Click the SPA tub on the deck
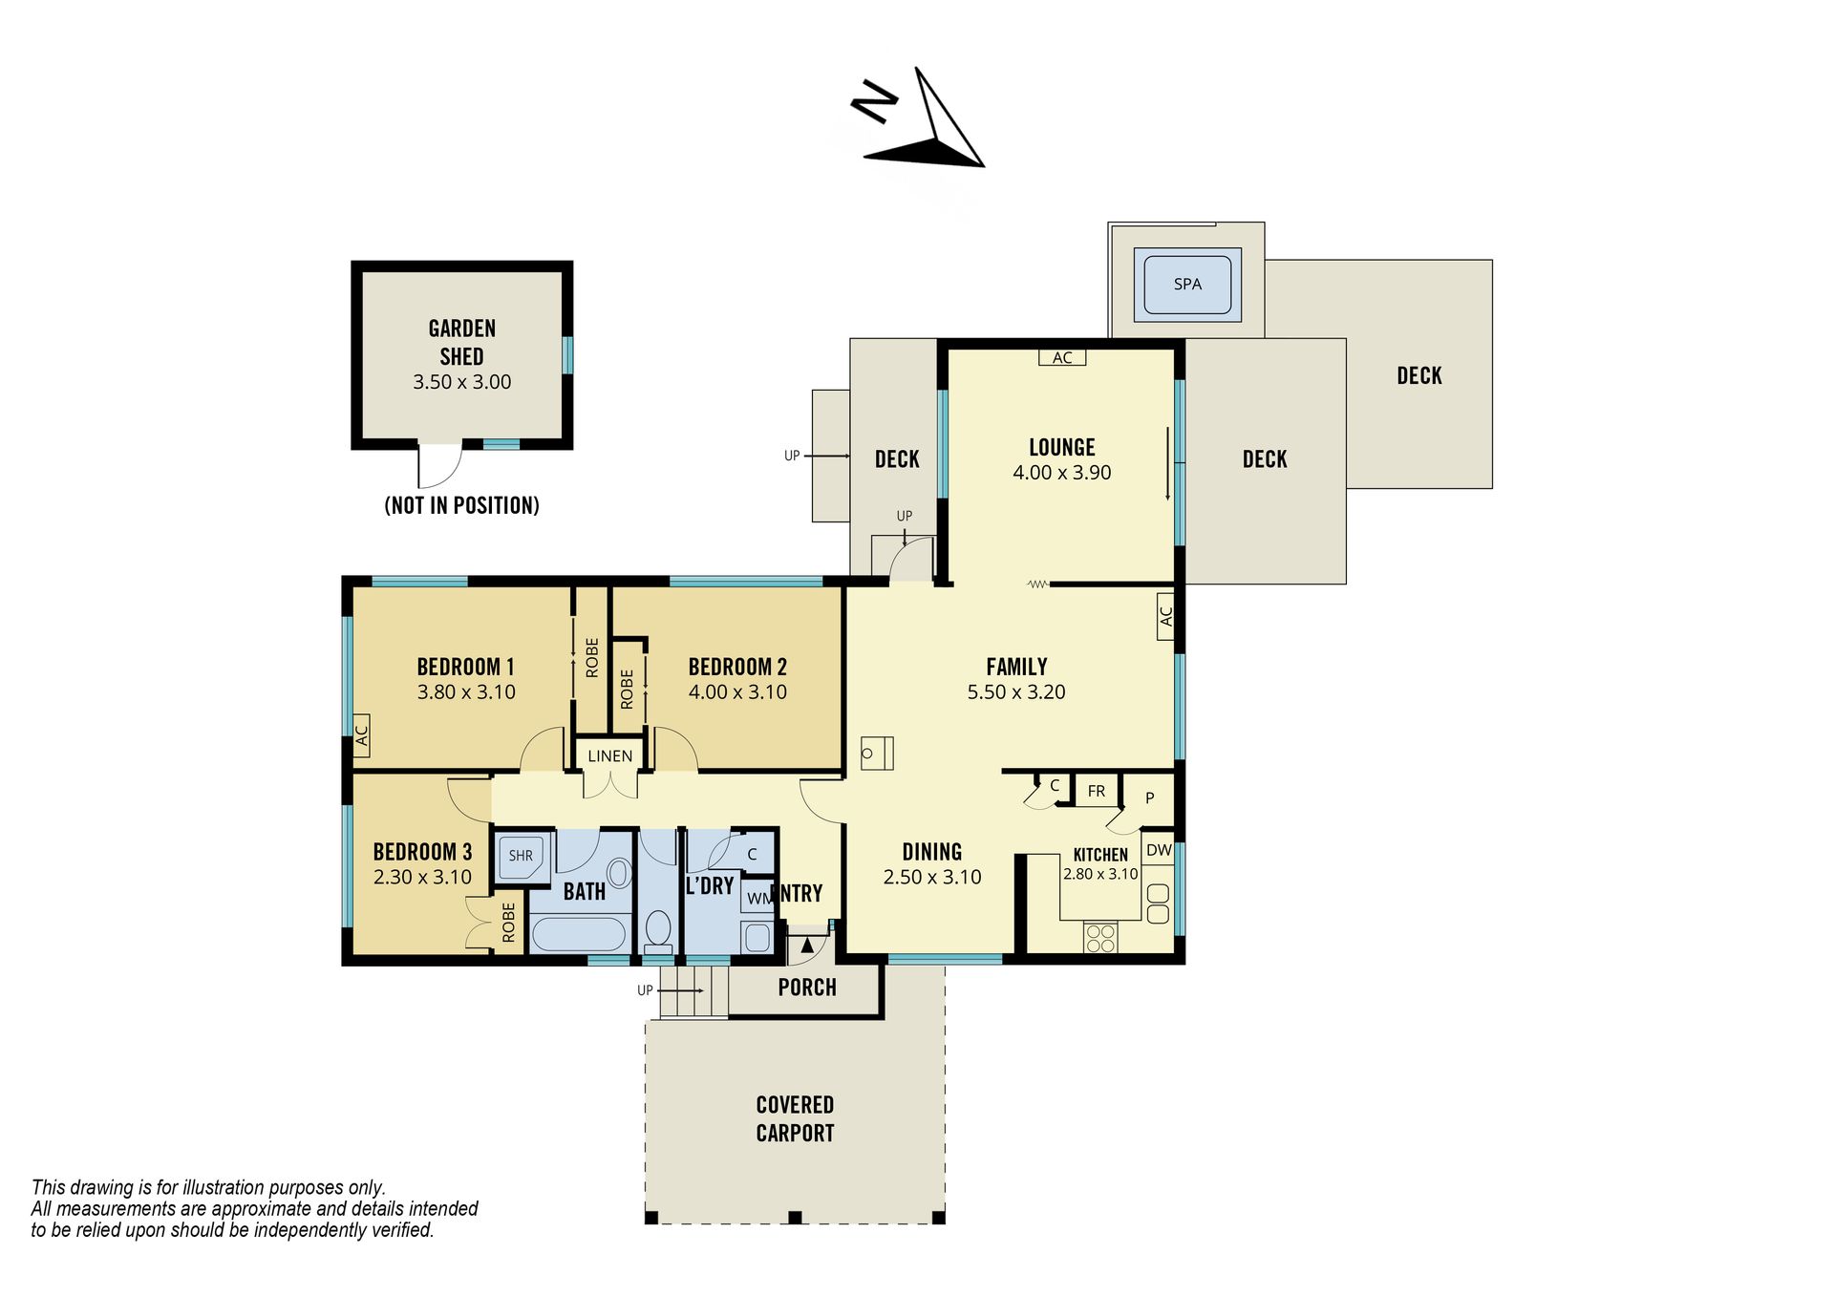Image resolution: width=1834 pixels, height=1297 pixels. pyautogui.click(x=1187, y=284)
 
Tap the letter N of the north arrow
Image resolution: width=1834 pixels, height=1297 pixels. pyautogui.click(x=874, y=100)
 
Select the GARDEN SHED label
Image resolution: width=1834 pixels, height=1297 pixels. pyautogui.click(x=462, y=342)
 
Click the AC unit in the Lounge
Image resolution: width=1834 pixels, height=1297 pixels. pyautogui.click(x=1062, y=357)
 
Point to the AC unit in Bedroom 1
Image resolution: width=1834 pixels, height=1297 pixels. pyautogui.click(x=362, y=735)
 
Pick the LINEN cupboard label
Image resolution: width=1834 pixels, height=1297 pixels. pyautogui.click(x=610, y=756)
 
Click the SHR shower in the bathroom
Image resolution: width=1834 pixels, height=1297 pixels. pyautogui.click(x=522, y=856)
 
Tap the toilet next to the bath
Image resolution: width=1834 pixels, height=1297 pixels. pyautogui.click(x=658, y=930)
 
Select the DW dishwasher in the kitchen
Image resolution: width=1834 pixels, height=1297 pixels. pyautogui.click(x=1159, y=850)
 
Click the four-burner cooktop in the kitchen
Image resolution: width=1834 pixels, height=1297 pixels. pyautogui.click(x=1100, y=938)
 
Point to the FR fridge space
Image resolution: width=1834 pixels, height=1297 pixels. pyautogui.click(x=1097, y=791)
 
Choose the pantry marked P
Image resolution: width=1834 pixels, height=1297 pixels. pyautogui.click(x=1149, y=798)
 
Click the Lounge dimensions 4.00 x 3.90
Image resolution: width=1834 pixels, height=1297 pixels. pyautogui.click(x=1062, y=473)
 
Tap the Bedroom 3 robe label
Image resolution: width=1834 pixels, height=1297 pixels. pyautogui.click(x=508, y=923)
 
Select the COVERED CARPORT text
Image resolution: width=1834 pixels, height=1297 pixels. pyautogui.click(x=795, y=1119)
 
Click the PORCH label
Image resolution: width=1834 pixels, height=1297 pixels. pyautogui.click(x=807, y=988)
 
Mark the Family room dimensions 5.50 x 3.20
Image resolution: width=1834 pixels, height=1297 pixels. pyautogui.click(x=1016, y=692)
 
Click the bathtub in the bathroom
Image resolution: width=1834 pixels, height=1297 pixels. pyautogui.click(x=579, y=934)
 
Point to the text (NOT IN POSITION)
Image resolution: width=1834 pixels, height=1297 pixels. pyautogui.click(x=462, y=505)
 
